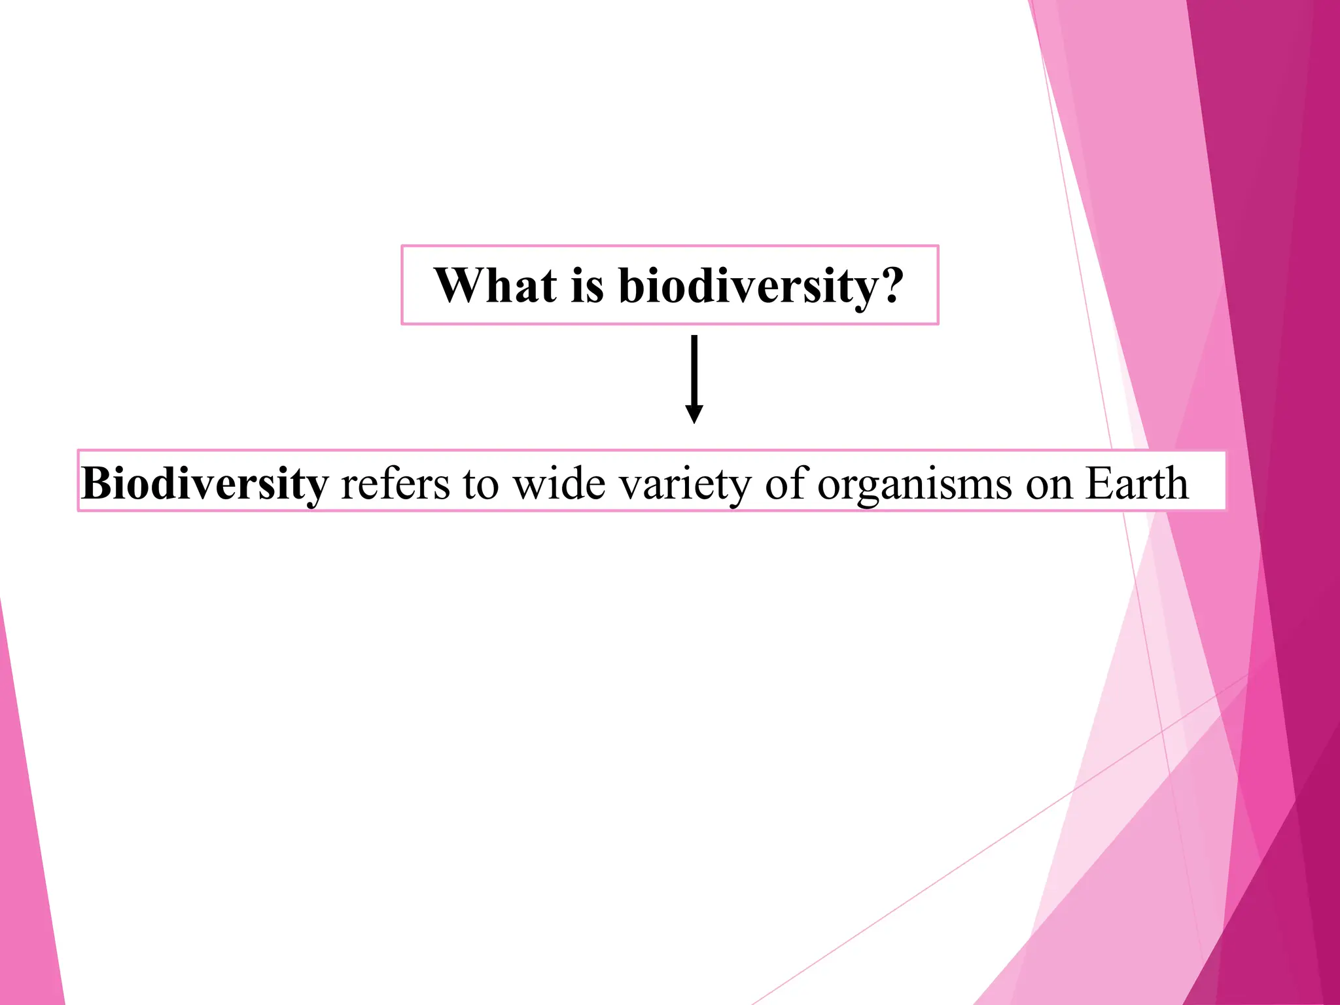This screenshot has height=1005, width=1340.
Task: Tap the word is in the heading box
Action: (587, 285)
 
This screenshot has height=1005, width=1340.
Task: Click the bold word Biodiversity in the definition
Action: (204, 484)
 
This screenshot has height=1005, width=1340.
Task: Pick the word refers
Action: (395, 484)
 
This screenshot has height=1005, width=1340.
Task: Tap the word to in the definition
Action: (480, 485)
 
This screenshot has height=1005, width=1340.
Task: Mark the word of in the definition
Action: (786, 484)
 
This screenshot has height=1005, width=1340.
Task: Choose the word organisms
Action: (915, 485)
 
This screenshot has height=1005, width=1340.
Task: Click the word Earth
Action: (1137, 484)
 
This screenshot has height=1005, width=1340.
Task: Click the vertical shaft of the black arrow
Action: (694, 370)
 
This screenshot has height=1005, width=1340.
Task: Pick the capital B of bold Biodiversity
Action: (96, 484)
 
